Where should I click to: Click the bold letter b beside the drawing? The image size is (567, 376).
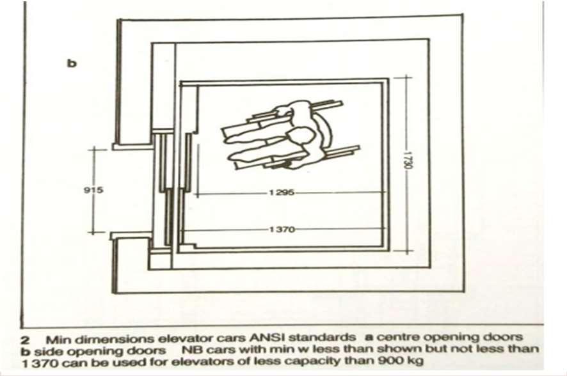(x=72, y=64)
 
